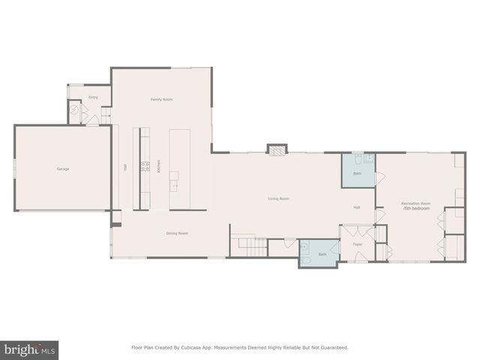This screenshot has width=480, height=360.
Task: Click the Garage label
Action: coord(63,169)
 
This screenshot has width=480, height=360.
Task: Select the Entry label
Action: coord(93,97)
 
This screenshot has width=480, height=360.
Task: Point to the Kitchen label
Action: coord(158,166)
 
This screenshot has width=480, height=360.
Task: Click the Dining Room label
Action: coord(177,233)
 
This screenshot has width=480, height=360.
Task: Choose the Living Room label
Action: coord(279,199)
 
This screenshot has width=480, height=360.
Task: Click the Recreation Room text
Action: coord(415,203)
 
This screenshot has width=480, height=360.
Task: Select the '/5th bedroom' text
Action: coord(415,208)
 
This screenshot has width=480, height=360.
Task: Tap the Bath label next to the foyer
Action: coord(322,254)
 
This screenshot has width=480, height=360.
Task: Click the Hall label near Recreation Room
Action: coord(358,208)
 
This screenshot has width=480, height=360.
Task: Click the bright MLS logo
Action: coord(30,349)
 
